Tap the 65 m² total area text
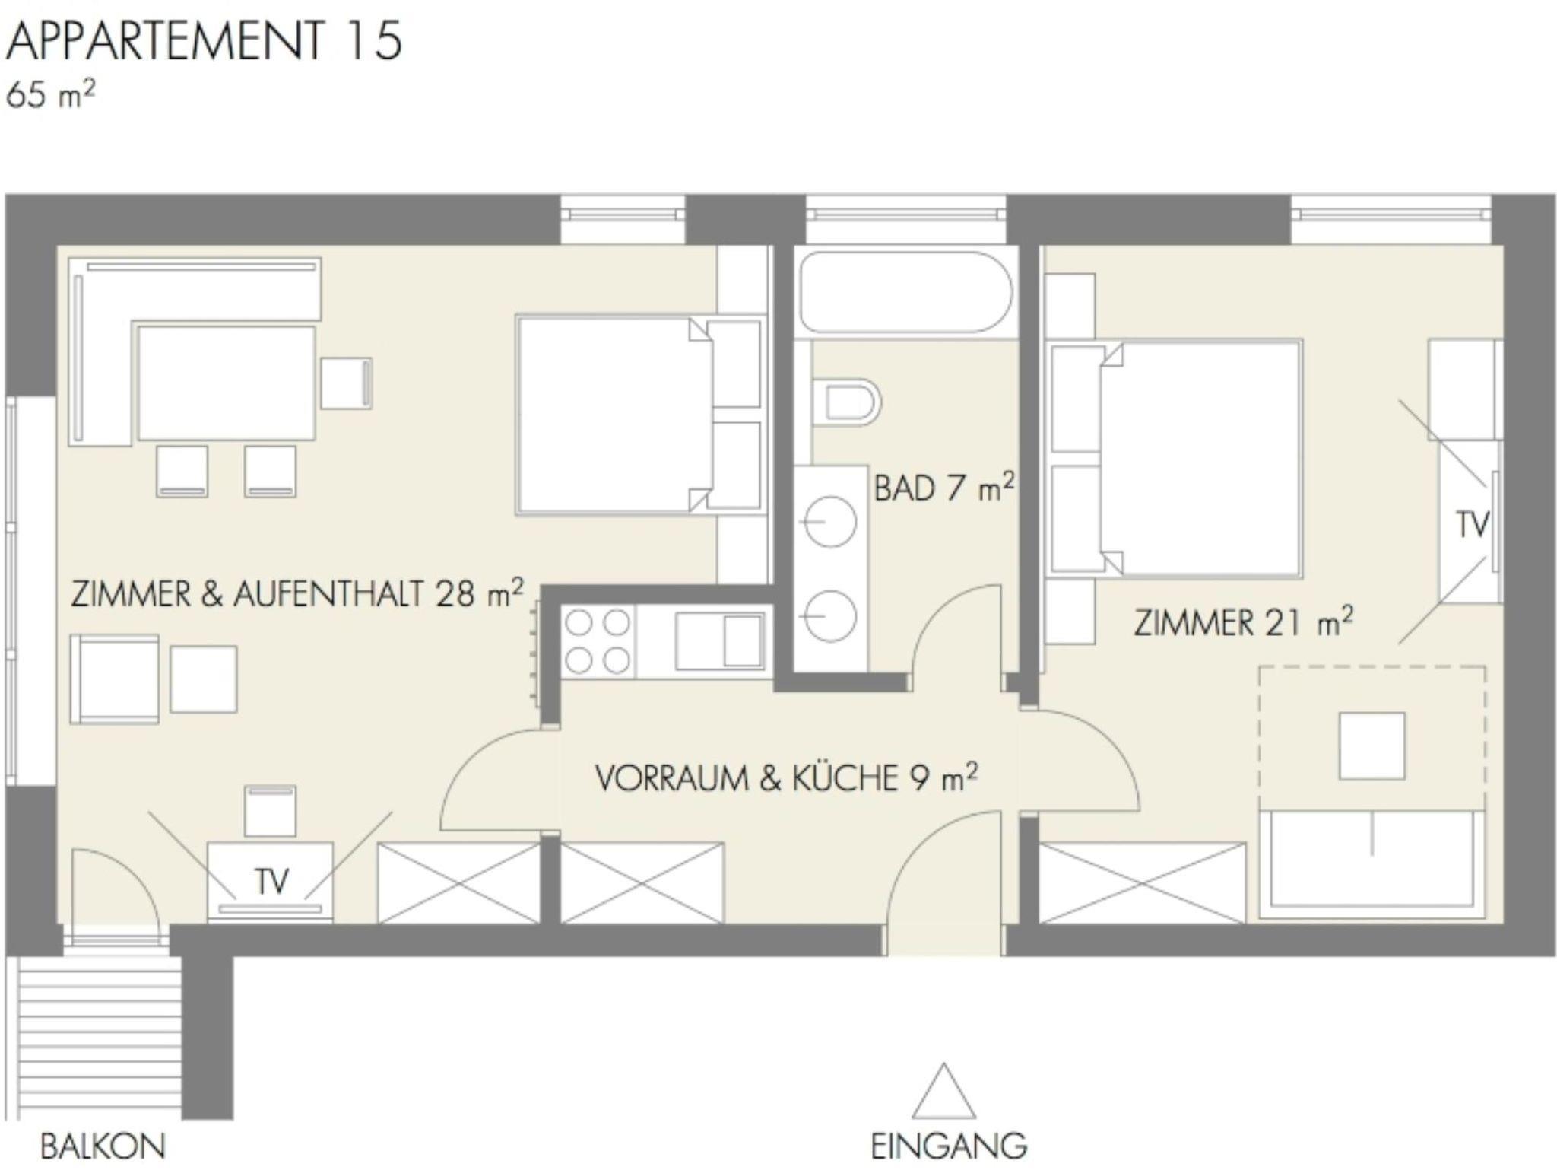pos(50,96)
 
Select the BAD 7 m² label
pos(944,487)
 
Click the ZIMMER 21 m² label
pos(1244,622)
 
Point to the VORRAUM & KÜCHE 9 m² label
pos(786,778)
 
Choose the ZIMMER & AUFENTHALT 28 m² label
pos(297,593)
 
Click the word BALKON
pos(103,1146)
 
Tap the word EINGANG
pos(948,1146)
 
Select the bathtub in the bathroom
pos(905,294)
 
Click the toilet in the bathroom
pos(845,401)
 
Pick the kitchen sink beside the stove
pos(719,641)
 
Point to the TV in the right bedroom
pos(1470,523)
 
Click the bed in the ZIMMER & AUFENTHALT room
pos(639,415)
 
